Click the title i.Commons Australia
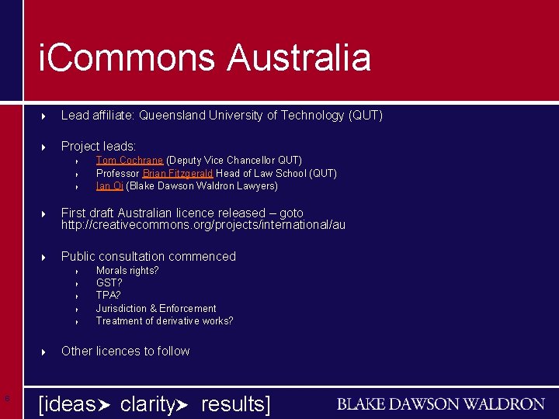pos(205,58)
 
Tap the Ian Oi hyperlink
pos(109,186)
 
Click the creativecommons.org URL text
pos(203,226)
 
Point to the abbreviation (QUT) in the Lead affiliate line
pos(366,116)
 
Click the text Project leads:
pos(99,146)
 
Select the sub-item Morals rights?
pos(127,271)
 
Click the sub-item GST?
pos(109,283)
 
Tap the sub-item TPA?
pos(109,296)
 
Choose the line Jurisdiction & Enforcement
pos(156,308)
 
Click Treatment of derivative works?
pos(165,320)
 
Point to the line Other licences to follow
pos(125,351)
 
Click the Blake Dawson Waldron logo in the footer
pos(440,404)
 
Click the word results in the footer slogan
pos(232,403)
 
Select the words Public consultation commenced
pos(148,256)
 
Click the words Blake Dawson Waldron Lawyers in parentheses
pos(201,186)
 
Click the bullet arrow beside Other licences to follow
pos(44,351)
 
